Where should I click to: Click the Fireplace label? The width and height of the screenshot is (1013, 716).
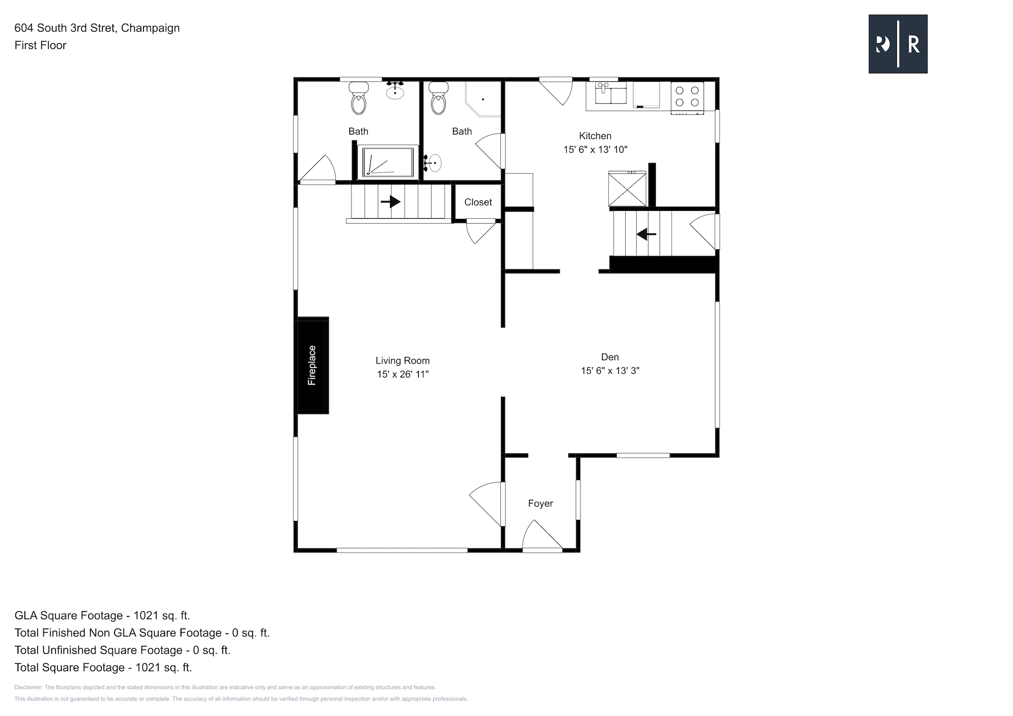pyautogui.click(x=312, y=365)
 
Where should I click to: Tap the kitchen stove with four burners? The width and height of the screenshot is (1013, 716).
pyautogui.click(x=687, y=98)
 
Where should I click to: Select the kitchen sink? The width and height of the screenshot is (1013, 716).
pyautogui.click(x=611, y=93)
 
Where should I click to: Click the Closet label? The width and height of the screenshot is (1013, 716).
pyautogui.click(x=478, y=202)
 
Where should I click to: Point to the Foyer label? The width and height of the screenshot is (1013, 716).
pyautogui.click(x=540, y=504)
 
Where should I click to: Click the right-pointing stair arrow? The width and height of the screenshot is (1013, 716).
pyautogui.click(x=390, y=201)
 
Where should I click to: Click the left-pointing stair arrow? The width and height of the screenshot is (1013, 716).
pyautogui.click(x=646, y=234)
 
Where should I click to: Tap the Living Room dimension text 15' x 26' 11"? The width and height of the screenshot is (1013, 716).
pyautogui.click(x=403, y=374)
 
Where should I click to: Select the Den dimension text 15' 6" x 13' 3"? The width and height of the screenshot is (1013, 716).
pyautogui.click(x=610, y=371)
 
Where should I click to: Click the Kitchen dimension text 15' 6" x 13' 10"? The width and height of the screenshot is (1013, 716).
pyautogui.click(x=595, y=150)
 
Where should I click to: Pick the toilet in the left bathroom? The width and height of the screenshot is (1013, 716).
pyautogui.click(x=359, y=98)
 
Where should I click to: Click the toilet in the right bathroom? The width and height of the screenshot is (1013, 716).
pyautogui.click(x=438, y=98)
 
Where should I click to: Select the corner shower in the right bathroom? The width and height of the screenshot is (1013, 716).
pyautogui.click(x=482, y=99)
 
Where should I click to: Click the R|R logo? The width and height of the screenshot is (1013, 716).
pyautogui.click(x=898, y=44)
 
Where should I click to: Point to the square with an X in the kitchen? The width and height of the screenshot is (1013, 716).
pyautogui.click(x=627, y=189)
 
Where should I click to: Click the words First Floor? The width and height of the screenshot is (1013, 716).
pyautogui.click(x=41, y=45)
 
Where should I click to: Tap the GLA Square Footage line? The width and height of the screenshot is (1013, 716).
pyautogui.click(x=102, y=615)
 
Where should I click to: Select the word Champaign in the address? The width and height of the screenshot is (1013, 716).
pyautogui.click(x=150, y=28)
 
